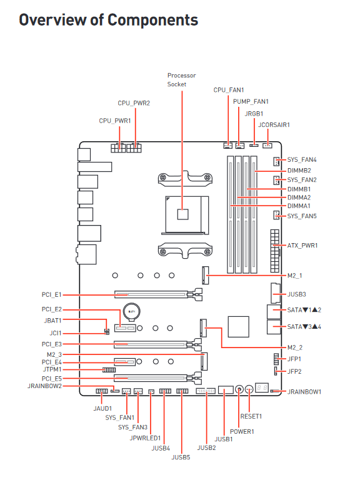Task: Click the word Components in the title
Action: click(x=152, y=20)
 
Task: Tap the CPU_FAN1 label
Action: click(x=229, y=90)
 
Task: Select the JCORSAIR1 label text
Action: click(x=274, y=125)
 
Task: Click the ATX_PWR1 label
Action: click(x=302, y=246)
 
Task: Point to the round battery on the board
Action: click(x=132, y=312)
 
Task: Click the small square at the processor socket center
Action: click(x=182, y=214)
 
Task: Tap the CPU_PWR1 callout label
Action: click(x=115, y=121)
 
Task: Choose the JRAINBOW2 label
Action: click(x=45, y=386)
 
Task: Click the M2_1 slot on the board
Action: click(x=206, y=275)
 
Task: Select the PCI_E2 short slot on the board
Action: click(x=125, y=328)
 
